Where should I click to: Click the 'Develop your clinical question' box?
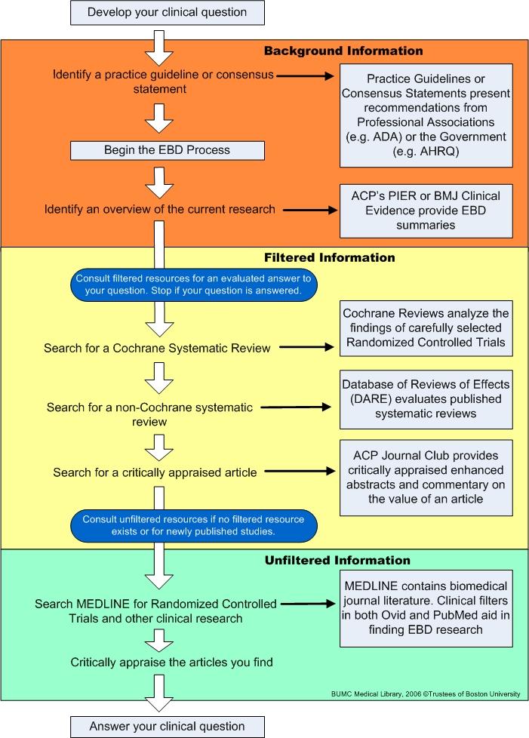coord(167,13)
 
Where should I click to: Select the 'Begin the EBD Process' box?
coord(167,151)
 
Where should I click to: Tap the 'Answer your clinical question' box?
coord(167,727)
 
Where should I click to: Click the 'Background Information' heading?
coord(343,51)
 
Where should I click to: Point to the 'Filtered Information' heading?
coord(330,257)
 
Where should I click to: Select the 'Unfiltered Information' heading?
coord(337,560)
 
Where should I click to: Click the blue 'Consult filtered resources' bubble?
coord(193,284)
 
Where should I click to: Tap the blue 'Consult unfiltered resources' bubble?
coord(193,525)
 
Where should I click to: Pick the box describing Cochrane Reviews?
coord(426,328)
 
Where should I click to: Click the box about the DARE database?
coord(426,399)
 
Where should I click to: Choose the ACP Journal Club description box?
coord(426,477)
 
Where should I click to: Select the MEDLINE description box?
coord(426,608)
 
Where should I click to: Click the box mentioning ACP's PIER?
coord(426,211)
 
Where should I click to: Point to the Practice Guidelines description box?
coord(426,115)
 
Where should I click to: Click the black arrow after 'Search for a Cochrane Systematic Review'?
coord(306,347)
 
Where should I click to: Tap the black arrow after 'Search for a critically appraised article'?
coord(300,471)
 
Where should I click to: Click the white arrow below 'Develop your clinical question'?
coord(159,48)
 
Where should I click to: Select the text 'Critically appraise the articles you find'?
coord(171,663)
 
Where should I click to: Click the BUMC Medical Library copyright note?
coord(426,693)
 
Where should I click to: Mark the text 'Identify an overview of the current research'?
coord(159,209)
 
